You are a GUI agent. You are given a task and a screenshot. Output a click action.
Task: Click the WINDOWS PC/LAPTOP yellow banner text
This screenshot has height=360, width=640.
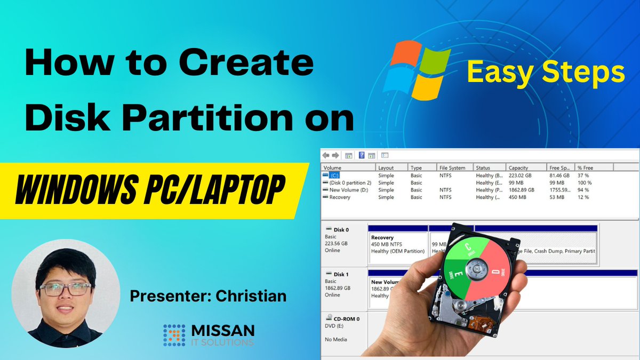(150, 190)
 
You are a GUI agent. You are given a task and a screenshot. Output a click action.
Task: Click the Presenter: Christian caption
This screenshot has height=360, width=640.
(208, 296)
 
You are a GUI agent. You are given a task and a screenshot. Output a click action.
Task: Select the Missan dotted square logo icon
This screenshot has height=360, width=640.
(174, 335)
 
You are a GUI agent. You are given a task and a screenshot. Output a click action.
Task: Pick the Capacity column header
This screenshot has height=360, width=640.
(518, 167)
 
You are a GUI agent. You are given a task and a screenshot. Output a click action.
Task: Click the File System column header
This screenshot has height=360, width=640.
(452, 167)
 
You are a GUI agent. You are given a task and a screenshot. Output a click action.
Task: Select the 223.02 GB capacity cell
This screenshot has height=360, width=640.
(520, 175)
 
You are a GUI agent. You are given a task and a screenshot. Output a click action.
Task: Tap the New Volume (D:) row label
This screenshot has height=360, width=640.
(349, 190)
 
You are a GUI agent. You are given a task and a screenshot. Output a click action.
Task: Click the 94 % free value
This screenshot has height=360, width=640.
(583, 190)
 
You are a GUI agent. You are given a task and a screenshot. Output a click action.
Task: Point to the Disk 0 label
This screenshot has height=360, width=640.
(341, 230)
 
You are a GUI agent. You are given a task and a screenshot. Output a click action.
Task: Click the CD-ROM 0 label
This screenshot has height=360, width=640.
(346, 318)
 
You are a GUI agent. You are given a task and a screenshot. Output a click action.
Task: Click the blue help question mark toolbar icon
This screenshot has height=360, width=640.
(361, 155)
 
